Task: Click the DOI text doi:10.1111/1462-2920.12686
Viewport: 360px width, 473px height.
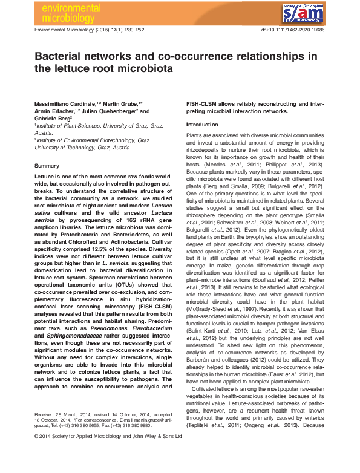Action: tap(292, 29)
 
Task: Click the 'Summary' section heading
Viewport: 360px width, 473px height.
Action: tap(47, 165)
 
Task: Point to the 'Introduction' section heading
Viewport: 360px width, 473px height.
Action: tap(202, 124)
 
